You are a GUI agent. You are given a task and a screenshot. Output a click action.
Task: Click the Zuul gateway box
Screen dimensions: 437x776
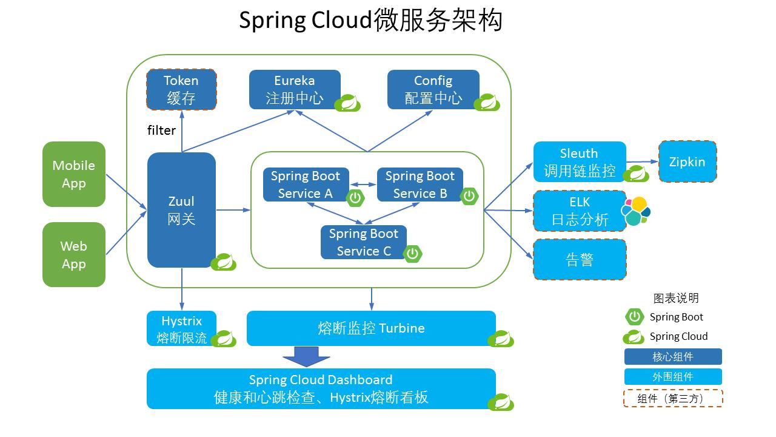181,209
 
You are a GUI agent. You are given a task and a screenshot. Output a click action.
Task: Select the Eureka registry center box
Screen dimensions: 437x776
295,89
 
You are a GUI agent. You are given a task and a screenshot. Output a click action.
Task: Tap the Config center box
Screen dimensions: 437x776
433,89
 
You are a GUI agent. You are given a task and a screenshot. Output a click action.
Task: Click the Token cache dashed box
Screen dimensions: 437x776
181,89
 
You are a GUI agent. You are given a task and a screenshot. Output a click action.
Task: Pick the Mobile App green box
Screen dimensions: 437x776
74,174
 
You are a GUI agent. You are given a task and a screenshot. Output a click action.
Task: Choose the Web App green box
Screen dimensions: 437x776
74,255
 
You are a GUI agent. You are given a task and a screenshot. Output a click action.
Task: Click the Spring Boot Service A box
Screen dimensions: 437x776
306,185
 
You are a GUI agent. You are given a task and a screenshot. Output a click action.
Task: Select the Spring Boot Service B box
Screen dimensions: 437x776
420,185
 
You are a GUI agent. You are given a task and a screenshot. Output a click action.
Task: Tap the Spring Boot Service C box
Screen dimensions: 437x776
363,242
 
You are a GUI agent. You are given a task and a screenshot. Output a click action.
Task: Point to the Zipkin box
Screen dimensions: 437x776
687,161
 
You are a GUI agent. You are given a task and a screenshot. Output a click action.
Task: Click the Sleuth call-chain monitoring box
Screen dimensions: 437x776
579,162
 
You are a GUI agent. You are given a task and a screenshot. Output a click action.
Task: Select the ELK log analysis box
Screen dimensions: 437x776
579,211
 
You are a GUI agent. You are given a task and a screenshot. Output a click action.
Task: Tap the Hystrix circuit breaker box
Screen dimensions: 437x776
181,328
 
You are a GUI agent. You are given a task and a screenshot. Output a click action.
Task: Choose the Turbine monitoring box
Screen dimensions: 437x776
371,328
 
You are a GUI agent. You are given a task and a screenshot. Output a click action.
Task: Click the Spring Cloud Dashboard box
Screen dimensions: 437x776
321,388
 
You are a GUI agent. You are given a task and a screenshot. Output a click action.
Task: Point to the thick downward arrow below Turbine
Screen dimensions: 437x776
307,356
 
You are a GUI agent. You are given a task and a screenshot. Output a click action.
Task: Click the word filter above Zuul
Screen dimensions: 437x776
161,130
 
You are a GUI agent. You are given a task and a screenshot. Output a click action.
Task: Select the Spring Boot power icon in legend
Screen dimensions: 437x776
634,317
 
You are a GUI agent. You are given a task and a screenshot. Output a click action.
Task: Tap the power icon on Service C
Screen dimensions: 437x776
413,254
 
